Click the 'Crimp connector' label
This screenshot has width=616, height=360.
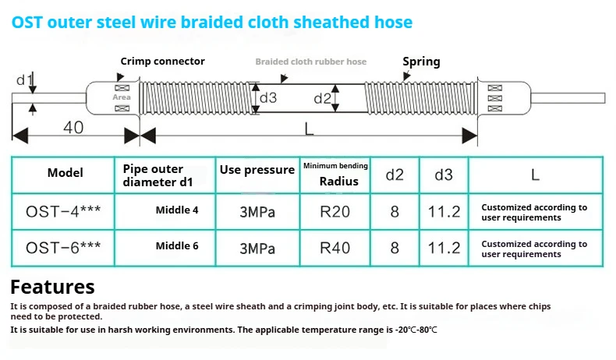pos(162,61)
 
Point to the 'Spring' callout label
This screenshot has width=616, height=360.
pos(421,62)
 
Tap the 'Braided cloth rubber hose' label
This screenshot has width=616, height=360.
pos(310,62)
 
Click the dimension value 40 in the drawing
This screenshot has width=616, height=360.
pos(73,128)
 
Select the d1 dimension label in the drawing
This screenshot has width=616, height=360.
pos(24,79)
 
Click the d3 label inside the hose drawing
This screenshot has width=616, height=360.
pos(268,98)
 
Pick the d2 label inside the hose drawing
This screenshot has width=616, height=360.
pos(322,98)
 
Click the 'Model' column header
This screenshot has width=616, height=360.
pos(65,173)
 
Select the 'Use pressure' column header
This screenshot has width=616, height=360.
pos(257,170)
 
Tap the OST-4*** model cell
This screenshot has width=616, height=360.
pos(63,211)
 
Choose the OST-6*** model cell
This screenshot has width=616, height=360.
pos(63,248)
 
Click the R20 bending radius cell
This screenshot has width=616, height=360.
pos(335,211)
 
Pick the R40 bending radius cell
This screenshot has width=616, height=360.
pos(335,249)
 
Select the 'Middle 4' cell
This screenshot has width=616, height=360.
pos(177,210)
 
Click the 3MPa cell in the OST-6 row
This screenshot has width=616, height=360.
pos(257,249)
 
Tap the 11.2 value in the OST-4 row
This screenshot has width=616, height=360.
pos(444,211)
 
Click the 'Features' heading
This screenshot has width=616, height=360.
pos(52,287)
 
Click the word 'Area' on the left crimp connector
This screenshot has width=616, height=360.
pos(122,98)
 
